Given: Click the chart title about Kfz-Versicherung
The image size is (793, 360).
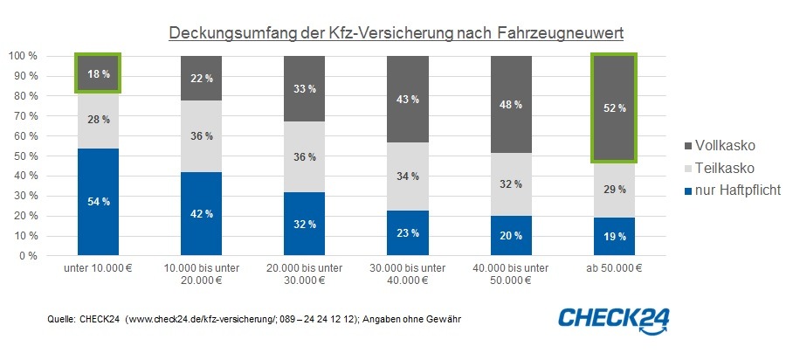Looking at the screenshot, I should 396,33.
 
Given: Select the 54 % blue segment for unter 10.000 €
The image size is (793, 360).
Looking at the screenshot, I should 98,202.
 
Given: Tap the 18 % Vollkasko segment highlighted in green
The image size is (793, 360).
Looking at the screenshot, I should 98,73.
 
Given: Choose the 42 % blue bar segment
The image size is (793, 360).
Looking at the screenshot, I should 203,214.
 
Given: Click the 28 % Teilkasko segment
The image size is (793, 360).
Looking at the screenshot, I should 98,120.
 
